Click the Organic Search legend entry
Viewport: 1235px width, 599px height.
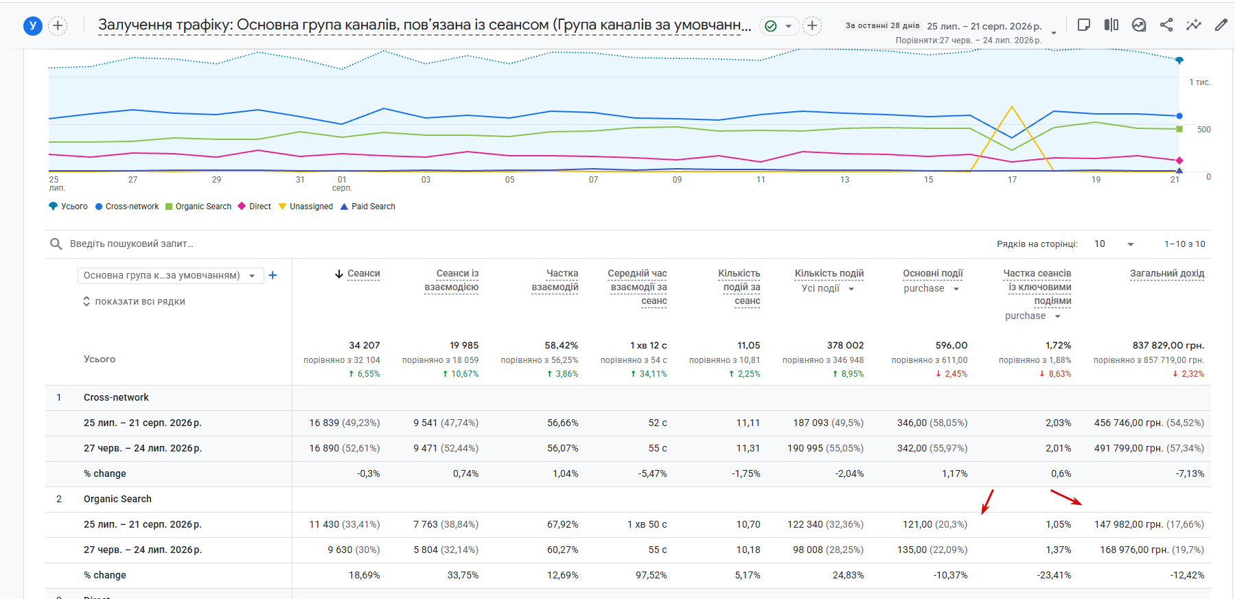(198, 207)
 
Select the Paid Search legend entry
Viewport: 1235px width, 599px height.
(368, 207)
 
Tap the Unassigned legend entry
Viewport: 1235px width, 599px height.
(305, 207)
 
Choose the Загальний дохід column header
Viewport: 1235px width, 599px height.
(1167, 273)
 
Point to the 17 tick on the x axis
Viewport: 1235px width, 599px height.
(1012, 180)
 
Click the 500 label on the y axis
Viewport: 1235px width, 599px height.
(1204, 130)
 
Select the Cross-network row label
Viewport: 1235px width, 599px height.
(116, 397)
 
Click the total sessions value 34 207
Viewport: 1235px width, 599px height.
(364, 345)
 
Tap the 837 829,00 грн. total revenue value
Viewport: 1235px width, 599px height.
(1168, 345)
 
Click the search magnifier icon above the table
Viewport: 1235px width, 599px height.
(56, 244)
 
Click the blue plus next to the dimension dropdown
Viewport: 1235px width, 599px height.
(273, 275)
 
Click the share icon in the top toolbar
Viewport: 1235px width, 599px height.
(1166, 25)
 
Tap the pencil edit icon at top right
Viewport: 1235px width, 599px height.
(1221, 25)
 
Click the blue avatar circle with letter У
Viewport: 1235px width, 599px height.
(33, 26)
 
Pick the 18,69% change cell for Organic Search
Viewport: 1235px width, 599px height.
(364, 575)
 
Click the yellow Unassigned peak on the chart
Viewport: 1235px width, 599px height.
(1012, 106)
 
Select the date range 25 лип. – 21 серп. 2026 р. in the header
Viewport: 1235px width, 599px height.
(984, 26)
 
